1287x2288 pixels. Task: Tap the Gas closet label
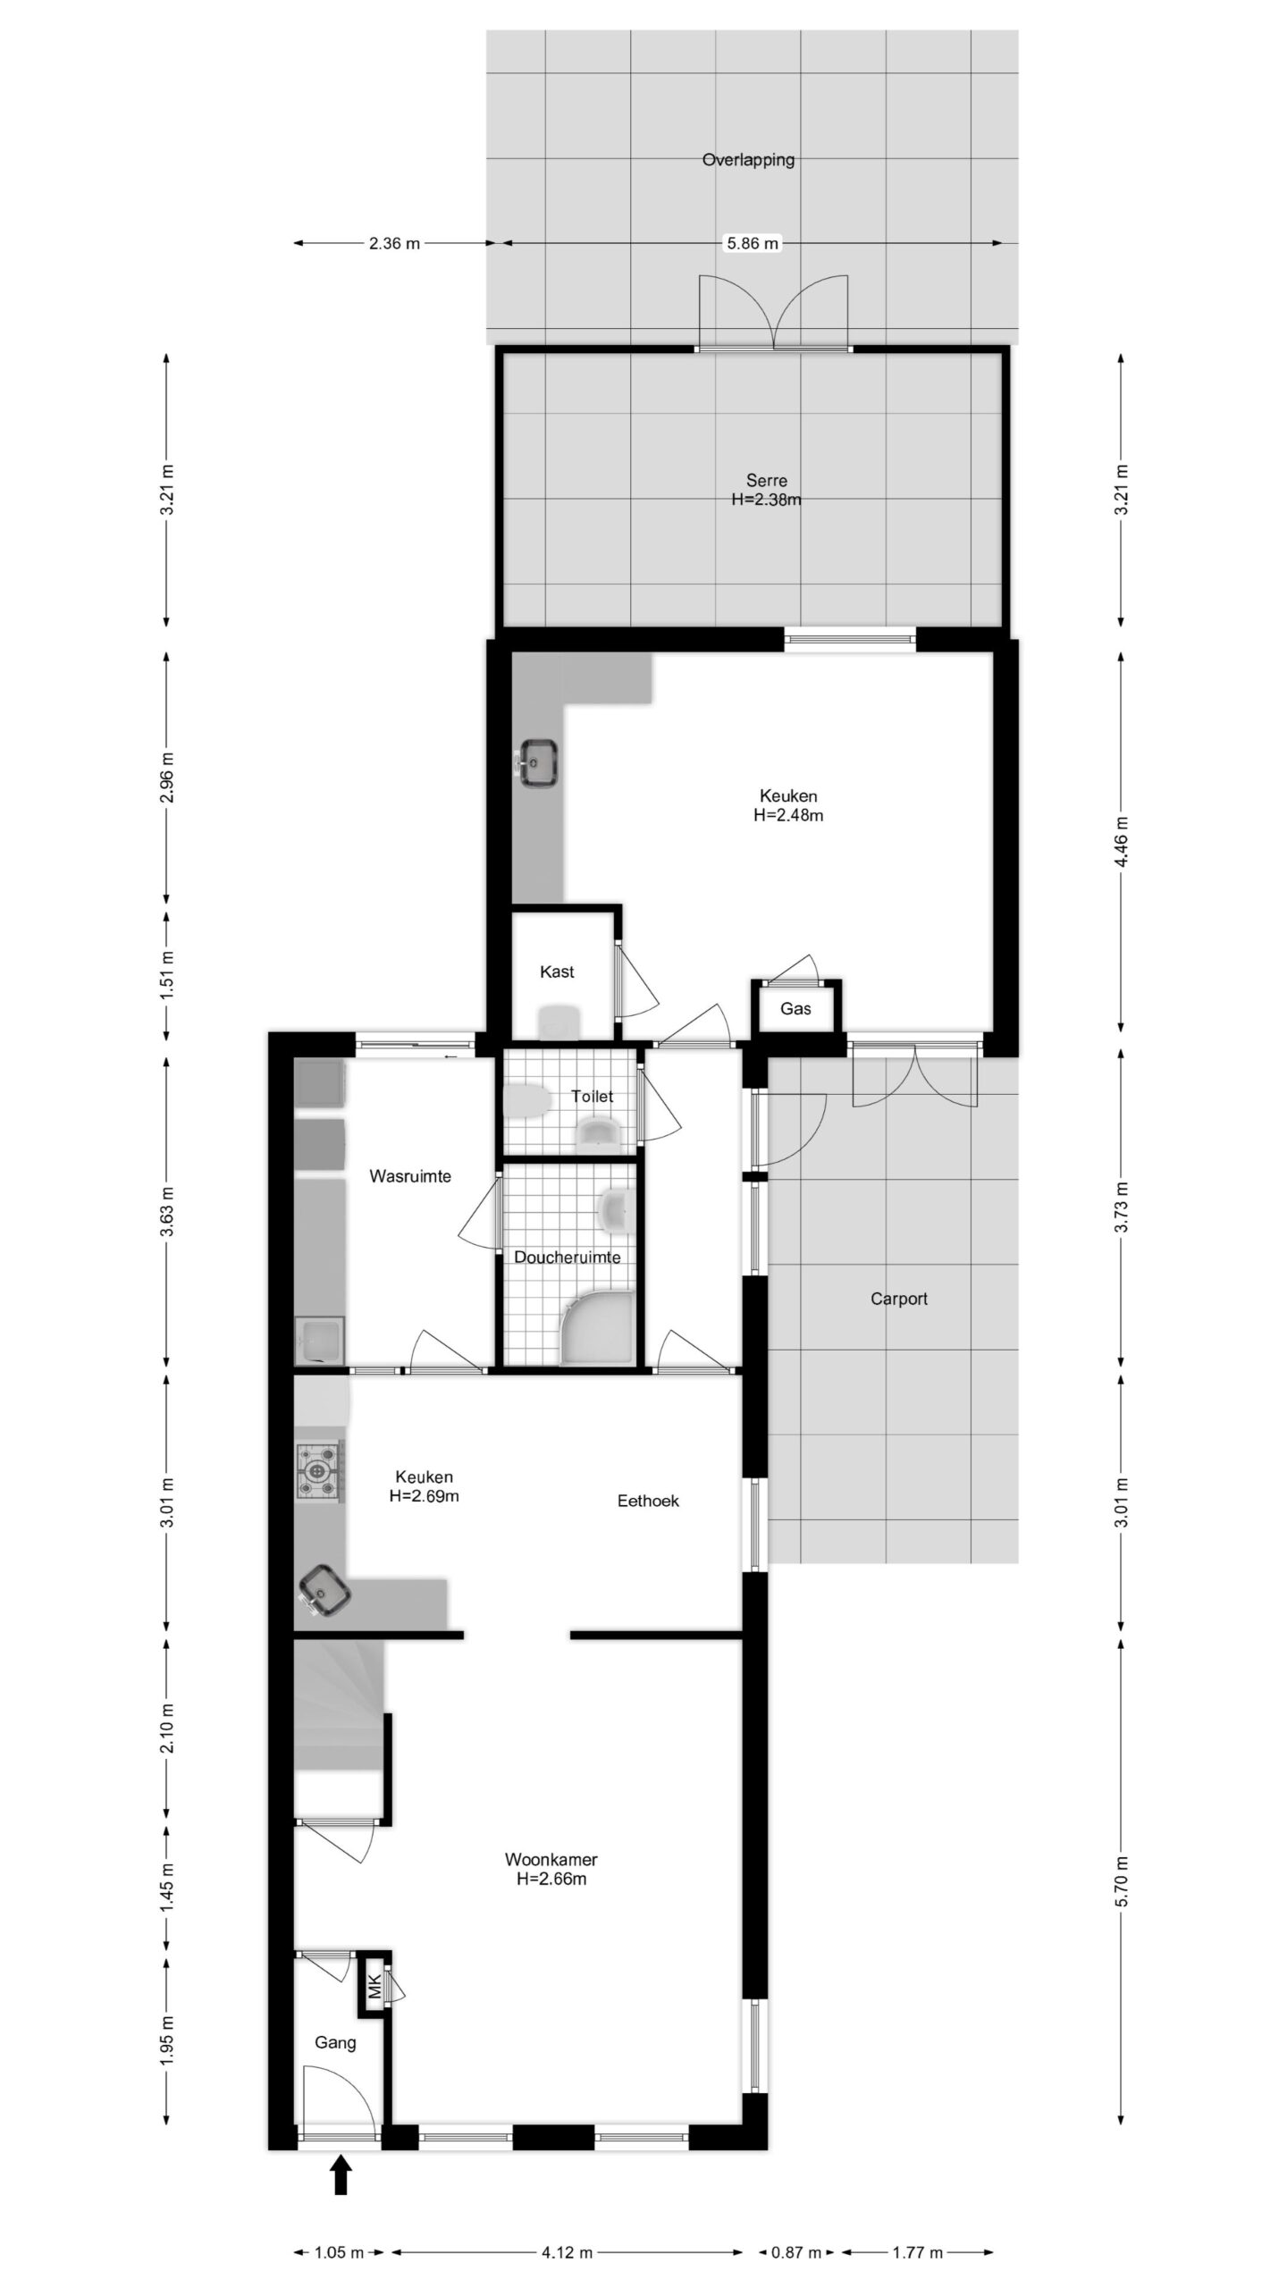(795, 1009)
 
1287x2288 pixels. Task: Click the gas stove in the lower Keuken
(318, 1468)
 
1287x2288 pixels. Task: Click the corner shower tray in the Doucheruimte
(597, 1326)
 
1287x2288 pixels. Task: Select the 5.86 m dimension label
(753, 243)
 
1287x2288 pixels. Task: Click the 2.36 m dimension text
(394, 243)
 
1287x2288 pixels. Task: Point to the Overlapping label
(748, 160)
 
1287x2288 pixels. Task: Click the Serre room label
(767, 481)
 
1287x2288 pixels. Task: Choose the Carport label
(899, 1299)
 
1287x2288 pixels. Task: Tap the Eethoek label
(648, 1501)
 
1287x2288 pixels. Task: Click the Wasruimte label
(410, 1176)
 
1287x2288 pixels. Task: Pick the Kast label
(557, 972)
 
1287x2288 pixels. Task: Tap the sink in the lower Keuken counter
(324, 1592)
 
